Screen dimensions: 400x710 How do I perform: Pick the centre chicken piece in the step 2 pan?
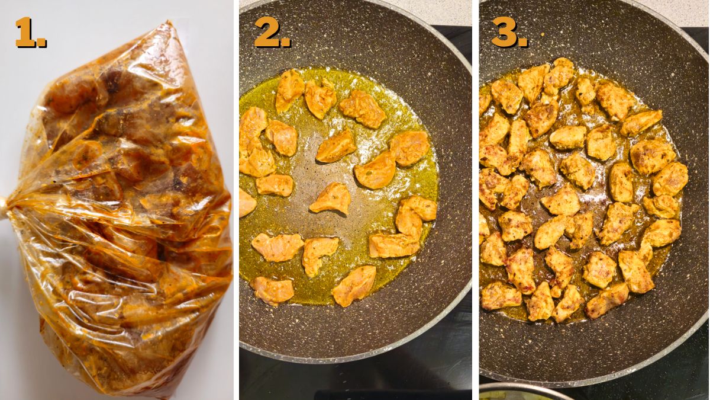(x=331, y=199)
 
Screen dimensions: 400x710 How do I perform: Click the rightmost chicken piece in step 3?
(x=670, y=178)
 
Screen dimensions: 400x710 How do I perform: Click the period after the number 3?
(x=523, y=43)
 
